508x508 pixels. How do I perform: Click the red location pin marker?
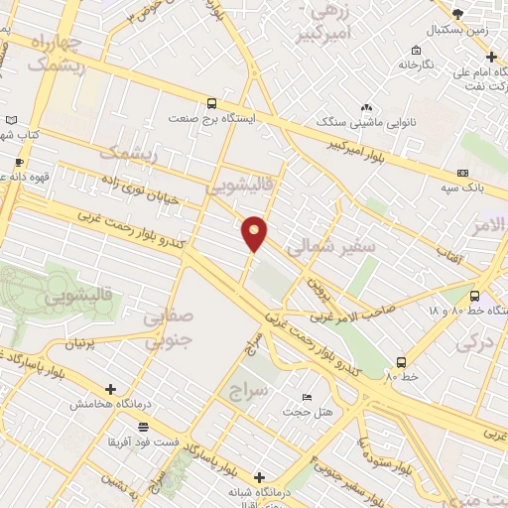coord(255,233)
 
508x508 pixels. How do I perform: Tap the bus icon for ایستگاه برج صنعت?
coord(211,102)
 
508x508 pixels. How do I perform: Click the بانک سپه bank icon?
coord(461,173)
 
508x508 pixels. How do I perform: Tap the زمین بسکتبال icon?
coord(456,14)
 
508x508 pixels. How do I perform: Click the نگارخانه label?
coord(417,64)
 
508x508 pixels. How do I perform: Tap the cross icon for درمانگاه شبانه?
coord(260,477)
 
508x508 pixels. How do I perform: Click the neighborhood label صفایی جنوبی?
coord(169,329)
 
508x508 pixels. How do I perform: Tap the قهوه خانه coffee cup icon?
coord(18,161)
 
